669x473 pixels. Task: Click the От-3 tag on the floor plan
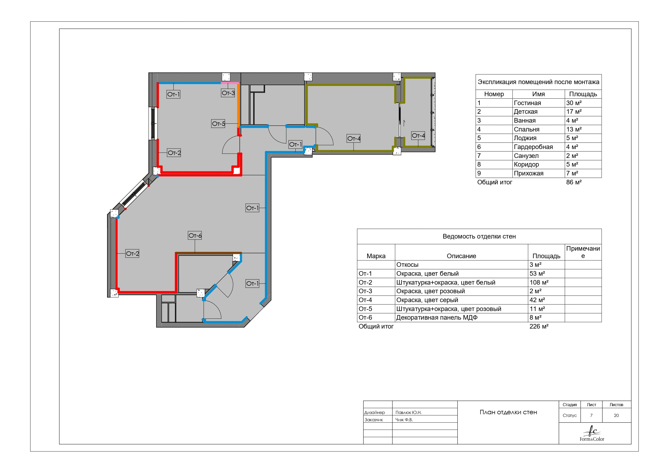tap(228, 93)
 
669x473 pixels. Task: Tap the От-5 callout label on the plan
tap(218, 123)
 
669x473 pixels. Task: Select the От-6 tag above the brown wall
tap(195, 235)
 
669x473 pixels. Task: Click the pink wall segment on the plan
tap(230, 83)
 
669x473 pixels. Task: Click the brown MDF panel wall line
tap(208, 253)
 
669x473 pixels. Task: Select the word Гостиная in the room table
tap(527, 103)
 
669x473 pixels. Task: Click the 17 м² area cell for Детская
tap(574, 112)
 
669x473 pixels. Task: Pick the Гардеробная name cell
tap(533, 147)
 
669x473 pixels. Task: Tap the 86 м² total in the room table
tap(574, 182)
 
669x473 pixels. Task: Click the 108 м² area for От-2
tap(539, 282)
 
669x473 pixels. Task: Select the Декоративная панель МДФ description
tap(437, 317)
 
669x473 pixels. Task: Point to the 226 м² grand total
tap(539, 326)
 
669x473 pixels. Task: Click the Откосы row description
tap(407, 264)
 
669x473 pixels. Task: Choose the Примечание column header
tap(583, 252)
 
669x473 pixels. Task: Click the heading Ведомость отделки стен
tap(479, 236)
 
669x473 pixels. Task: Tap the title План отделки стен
tap(508, 412)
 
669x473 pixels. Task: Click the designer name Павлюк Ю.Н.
tap(408, 412)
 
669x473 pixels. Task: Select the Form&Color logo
tap(592, 433)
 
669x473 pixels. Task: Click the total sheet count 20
tap(616, 415)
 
